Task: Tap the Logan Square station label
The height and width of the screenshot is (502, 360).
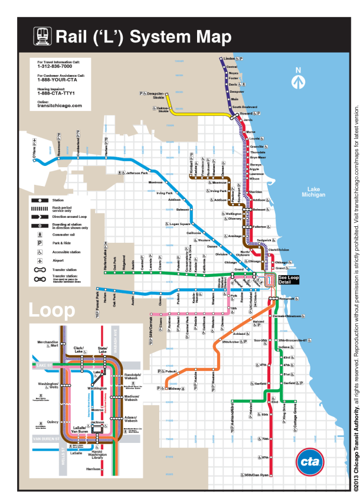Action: (x=179, y=224)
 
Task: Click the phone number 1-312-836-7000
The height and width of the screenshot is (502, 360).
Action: (x=53, y=66)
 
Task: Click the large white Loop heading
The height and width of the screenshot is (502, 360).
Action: (x=52, y=310)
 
